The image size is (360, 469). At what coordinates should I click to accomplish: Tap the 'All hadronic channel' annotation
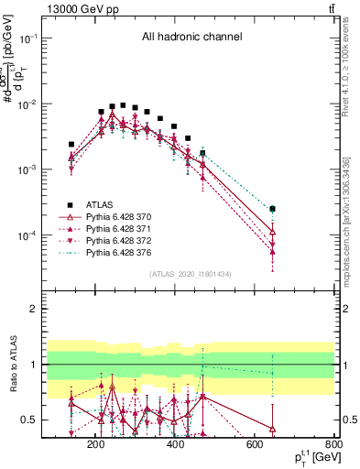click(191, 38)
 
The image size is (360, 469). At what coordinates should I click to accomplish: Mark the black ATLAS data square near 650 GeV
click(272, 209)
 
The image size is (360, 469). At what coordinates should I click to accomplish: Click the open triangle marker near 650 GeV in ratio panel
click(272, 428)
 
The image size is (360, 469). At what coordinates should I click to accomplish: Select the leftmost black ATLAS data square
click(71, 144)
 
